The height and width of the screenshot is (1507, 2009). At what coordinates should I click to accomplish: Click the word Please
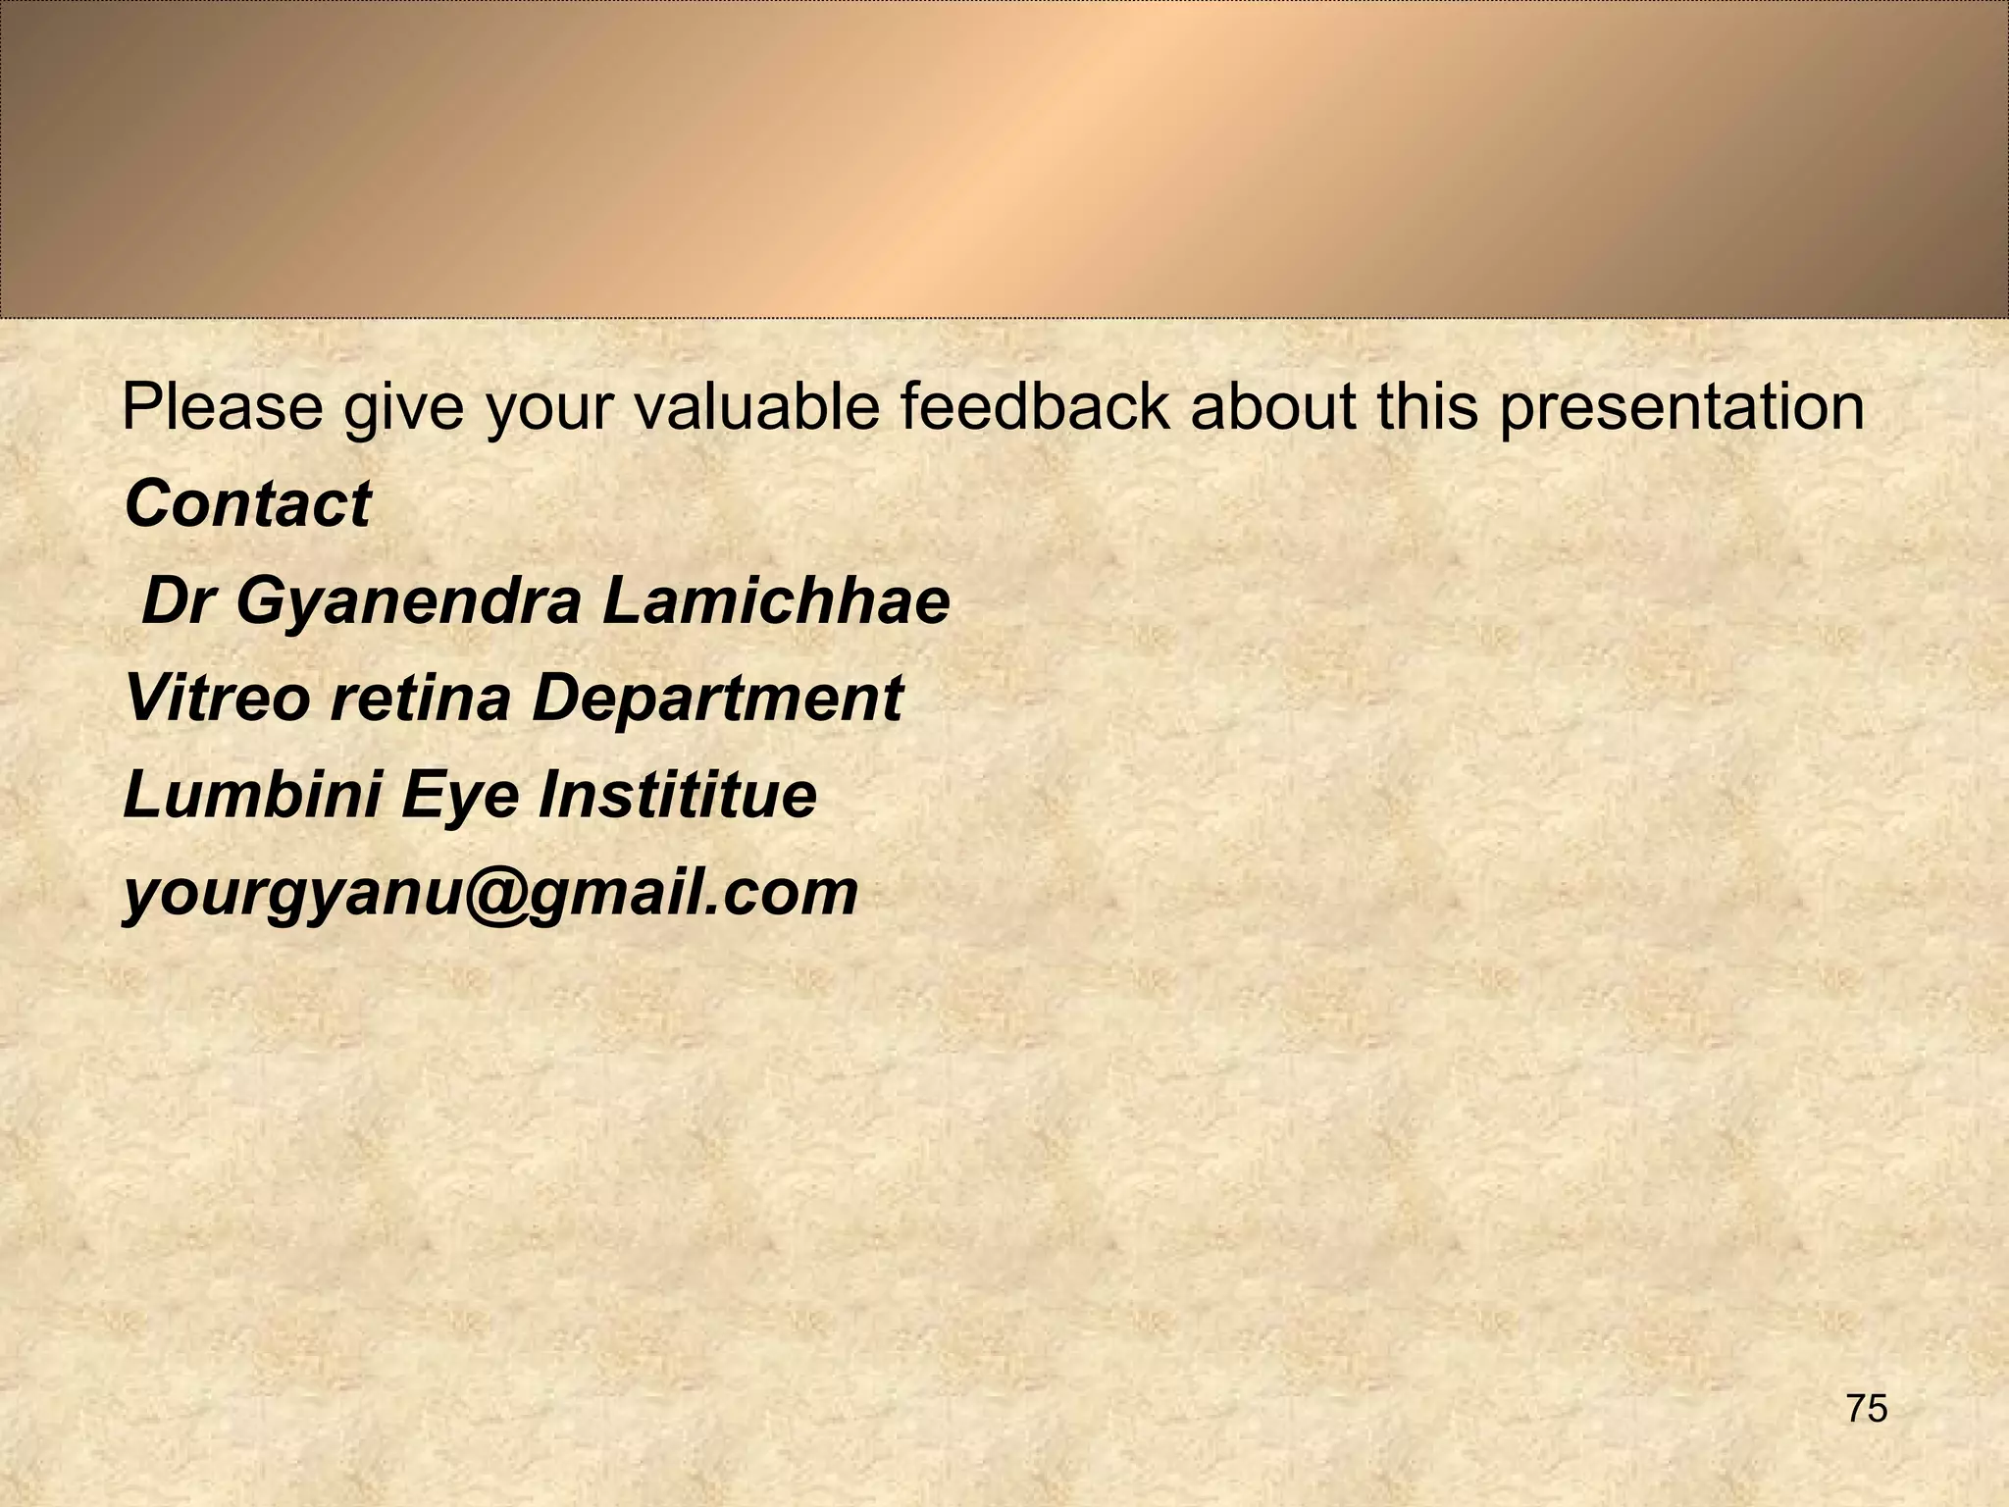pyautogui.click(x=223, y=407)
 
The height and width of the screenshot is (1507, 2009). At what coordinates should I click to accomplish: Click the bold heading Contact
pyautogui.click(x=248, y=504)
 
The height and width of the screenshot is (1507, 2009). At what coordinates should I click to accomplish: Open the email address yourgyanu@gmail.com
pyautogui.click(x=490, y=893)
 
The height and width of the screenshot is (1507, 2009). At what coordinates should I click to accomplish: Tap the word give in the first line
pyautogui.click(x=403, y=407)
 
